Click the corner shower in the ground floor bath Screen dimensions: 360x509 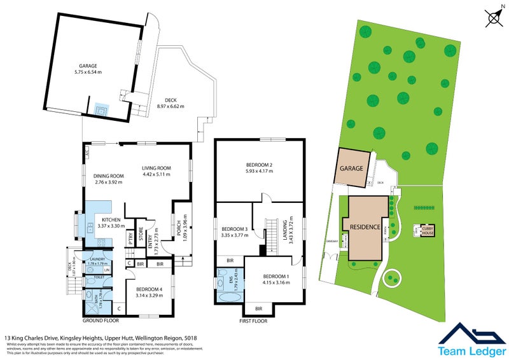point(88,294)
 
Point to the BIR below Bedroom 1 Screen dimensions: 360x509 point(258,308)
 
